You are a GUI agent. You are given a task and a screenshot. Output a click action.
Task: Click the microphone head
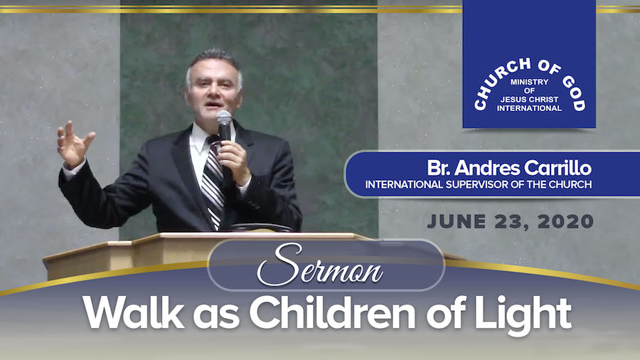click(x=224, y=118)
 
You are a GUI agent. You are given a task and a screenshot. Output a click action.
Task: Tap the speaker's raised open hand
click(x=74, y=144)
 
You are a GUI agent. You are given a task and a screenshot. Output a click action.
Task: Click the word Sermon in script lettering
click(x=320, y=265)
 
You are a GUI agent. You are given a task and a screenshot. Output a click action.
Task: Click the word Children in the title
click(x=332, y=312)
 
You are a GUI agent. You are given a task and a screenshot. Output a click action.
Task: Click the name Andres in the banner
click(x=487, y=168)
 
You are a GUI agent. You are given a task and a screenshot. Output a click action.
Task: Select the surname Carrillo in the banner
click(x=558, y=168)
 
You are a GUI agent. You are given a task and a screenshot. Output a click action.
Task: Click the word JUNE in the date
click(x=457, y=222)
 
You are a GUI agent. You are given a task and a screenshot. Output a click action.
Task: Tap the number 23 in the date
click(x=510, y=222)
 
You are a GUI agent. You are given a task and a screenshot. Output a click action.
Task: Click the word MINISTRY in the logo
click(x=529, y=82)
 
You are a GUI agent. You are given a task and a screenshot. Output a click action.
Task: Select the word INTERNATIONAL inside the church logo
click(x=529, y=108)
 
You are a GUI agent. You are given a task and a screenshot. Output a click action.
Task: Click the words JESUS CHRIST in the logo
click(x=529, y=99)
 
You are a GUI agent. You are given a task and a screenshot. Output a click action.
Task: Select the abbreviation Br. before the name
click(x=439, y=168)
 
